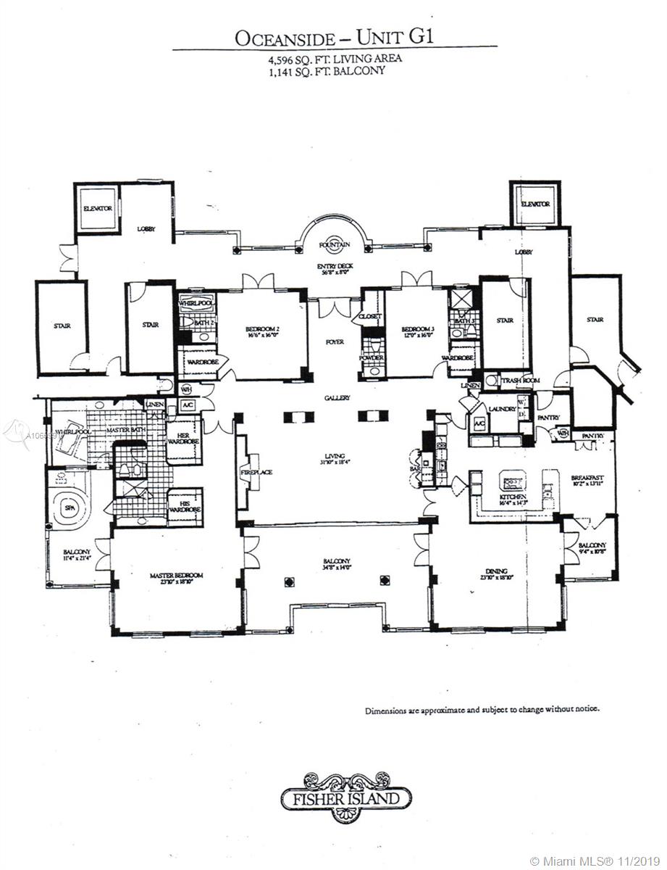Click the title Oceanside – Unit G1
334,37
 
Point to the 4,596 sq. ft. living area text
334,59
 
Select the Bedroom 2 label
262,331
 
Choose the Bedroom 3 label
416,331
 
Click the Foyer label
335,341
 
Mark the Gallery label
337,398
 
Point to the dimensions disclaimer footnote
482,709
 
